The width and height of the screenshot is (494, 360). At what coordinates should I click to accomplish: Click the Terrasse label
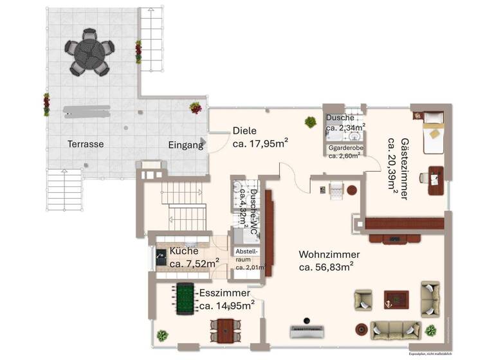coord(86,144)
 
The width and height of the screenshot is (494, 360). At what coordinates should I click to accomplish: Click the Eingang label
coord(186,145)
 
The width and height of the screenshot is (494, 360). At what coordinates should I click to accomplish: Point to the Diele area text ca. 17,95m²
coord(260,143)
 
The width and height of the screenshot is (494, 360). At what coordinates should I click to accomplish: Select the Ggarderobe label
coord(346,147)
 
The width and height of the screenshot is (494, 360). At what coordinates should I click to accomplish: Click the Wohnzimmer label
coord(329,255)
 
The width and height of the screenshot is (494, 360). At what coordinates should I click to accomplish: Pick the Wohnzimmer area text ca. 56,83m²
coord(325,267)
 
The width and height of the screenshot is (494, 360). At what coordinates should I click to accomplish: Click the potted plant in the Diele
coord(310,122)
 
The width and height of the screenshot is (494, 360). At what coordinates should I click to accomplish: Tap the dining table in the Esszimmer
coord(223,332)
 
